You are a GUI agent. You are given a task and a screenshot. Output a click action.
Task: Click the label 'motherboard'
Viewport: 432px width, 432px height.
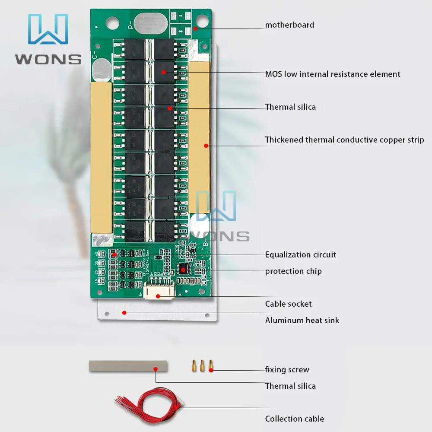coord(289,25)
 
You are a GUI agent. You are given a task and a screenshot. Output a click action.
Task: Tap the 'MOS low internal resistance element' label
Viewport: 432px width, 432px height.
coord(333,74)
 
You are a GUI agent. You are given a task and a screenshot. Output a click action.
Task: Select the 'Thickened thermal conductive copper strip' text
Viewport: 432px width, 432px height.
coord(344,140)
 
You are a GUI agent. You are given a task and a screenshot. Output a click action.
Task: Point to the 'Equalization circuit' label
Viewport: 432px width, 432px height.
coord(300,255)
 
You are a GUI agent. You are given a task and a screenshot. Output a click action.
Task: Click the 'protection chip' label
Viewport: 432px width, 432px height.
coord(293,271)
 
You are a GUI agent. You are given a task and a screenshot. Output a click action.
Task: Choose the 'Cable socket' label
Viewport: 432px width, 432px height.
coord(288,304)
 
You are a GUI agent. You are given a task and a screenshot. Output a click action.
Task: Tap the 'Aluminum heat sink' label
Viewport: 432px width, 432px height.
coord(302,321)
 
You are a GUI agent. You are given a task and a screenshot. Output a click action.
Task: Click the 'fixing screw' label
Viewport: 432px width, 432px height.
coord(287,370)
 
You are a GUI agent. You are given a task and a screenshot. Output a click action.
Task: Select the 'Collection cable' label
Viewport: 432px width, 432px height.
coord(294,419)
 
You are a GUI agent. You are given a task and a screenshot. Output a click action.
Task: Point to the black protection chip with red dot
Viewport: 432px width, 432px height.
coord(184,269)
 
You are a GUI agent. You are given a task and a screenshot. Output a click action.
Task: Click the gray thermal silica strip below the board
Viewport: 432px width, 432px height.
coord(128,366)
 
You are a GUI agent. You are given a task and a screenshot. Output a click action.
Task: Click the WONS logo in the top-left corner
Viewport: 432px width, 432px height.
coord(48,39)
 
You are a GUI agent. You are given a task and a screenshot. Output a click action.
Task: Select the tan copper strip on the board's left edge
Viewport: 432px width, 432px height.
coord(102,157)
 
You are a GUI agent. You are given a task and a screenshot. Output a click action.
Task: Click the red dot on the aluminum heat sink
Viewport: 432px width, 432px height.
coord(124,312)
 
